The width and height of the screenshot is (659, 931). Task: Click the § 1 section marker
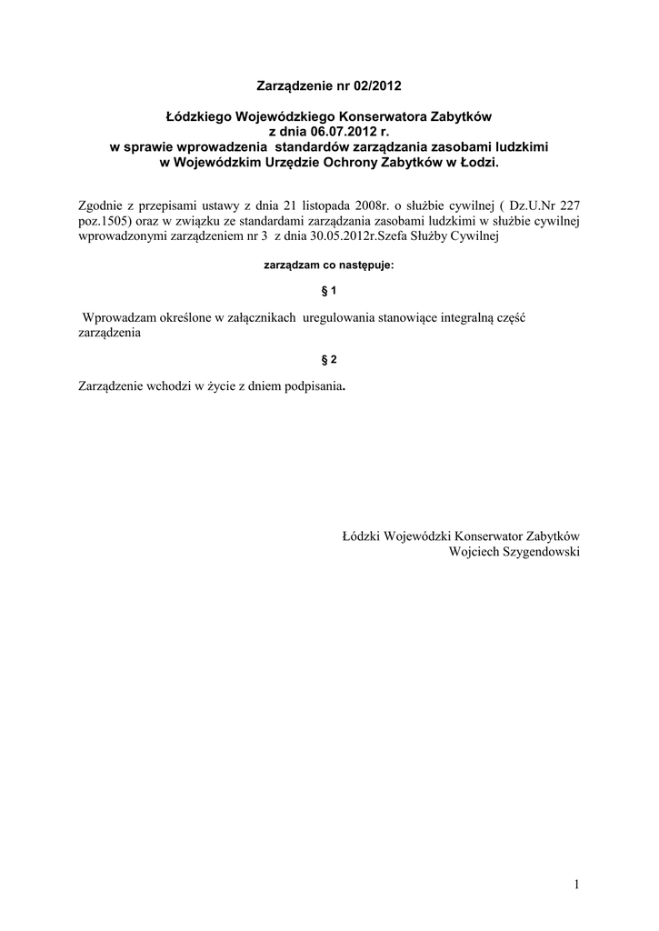coord(329,290)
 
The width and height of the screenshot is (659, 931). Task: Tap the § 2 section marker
coord(329,359)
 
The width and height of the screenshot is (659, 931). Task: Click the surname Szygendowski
coord(542,551)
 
